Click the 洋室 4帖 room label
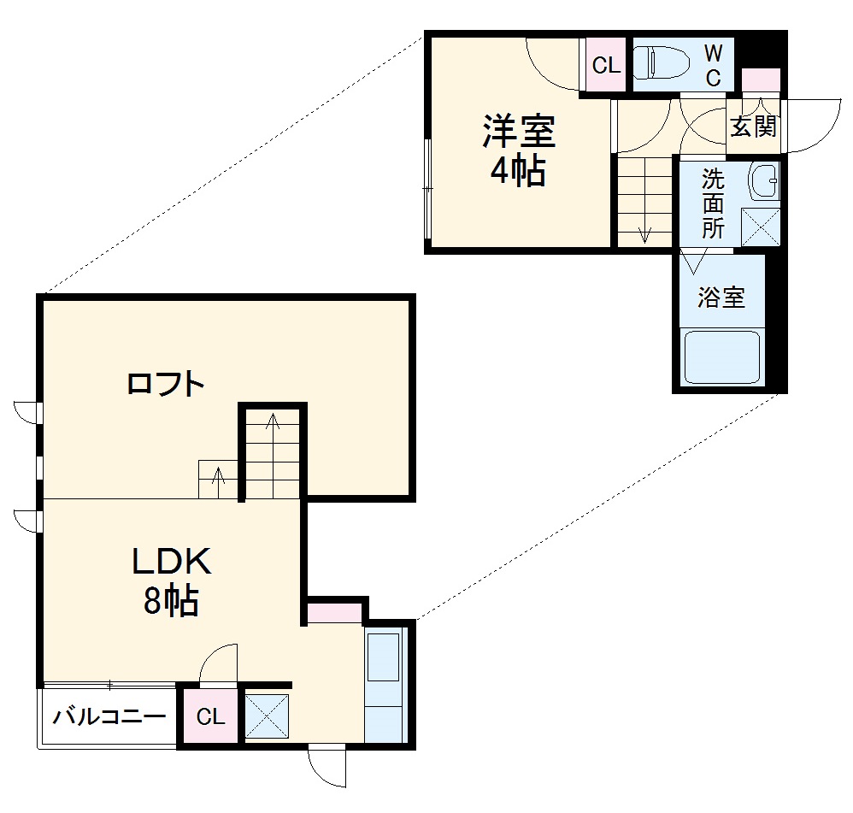pos(518,151)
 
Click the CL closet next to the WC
pos(606,65)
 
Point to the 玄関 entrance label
pos(753,127)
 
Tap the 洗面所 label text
pos(713,203)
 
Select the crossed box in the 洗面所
pos(760,227)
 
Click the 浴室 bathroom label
pos(721,298)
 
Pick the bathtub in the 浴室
pos(723,357)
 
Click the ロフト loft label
pos(166,384)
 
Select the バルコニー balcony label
pos(109,716)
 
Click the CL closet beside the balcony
pos(210,716)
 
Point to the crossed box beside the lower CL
pos(268,716)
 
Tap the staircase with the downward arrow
pos(644,203)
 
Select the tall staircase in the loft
pos(273,453)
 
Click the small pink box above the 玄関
pos(760,80)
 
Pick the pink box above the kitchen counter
pos(334,612)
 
